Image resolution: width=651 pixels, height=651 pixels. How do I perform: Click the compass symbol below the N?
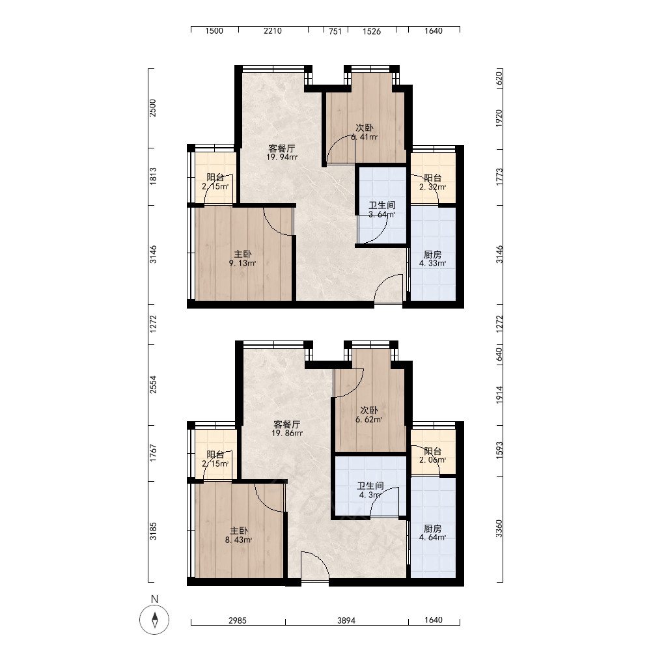154,620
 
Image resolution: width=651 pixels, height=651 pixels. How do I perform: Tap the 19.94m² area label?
282,158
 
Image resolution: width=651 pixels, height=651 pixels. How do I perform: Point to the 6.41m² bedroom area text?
364,137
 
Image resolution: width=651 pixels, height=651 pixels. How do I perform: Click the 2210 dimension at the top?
273,31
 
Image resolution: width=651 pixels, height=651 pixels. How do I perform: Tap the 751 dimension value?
335,31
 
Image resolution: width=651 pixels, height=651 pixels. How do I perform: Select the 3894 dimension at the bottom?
346,620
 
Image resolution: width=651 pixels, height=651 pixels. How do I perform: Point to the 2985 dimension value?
238,620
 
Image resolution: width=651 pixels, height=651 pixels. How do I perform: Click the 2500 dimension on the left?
153,108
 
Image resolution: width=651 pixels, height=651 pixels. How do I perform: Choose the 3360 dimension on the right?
499,529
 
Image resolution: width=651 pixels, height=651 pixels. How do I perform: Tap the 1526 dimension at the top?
372,31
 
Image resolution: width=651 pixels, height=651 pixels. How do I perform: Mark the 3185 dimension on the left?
153,531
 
